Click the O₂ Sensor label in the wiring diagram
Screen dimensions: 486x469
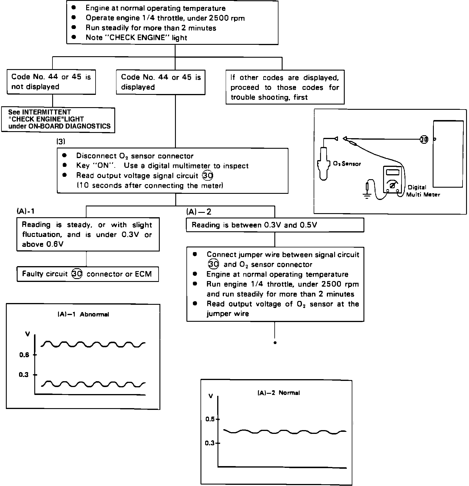[x=347, y=164]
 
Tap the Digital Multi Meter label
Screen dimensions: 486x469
[x=423, y=191]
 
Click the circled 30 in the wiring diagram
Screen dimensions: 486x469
[x=424, y=139]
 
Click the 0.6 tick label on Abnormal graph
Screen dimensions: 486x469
[x=24, y=355]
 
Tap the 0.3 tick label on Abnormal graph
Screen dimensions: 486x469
[x=23, y=375]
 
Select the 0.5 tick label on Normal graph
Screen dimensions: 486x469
[x=210, y=419]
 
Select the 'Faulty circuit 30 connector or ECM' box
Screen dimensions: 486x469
[x=88, y=274]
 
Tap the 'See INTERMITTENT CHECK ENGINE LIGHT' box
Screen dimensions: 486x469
[x=58, y=119]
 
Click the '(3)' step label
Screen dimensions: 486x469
[x=61, y=141]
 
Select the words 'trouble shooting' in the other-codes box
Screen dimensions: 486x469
[x=258, y=97]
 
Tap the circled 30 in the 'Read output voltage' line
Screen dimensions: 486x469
[x=208, y=176]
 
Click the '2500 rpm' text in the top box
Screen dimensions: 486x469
[x=227, y=18]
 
